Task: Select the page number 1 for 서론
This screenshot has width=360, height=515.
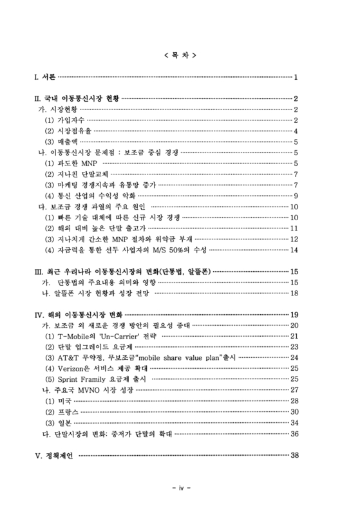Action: click(x=295, y=79)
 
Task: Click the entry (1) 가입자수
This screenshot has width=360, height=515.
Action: click(x=64, y=120)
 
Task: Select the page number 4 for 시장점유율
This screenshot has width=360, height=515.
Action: click(x=295, y=131)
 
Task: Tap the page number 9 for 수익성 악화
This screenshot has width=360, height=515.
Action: click(x=295, y=196)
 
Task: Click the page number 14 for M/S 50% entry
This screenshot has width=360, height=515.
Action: click(x=294, y=250)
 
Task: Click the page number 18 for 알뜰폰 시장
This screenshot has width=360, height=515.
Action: click(x=294, y=293)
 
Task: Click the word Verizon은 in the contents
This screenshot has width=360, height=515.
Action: click(x=76, y=368)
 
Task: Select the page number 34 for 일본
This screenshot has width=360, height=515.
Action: click(x=294, y=422)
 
